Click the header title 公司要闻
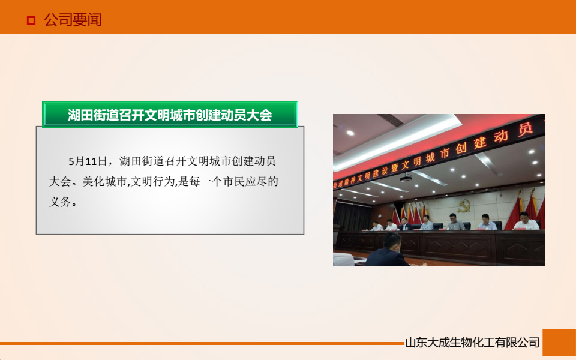click(73, 20)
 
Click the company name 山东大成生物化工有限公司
click(472, 343)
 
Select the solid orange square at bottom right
click(559, 343)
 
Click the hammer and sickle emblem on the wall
click(464, 206)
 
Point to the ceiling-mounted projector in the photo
click(406, 177)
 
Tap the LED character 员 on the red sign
click(526, 129)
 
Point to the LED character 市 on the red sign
click(443, 154)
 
